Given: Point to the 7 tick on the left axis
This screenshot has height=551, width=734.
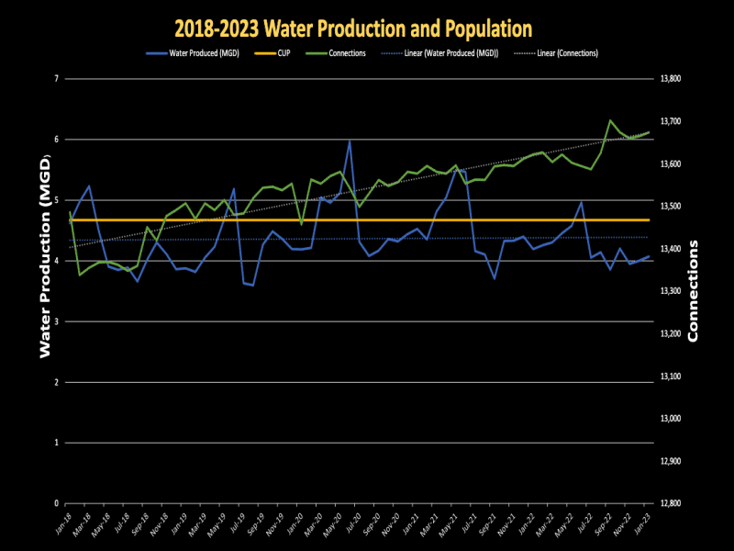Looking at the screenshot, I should pyautogui.click(x=57, y=79).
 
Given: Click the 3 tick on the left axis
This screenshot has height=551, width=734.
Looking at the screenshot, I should pyautogui.click(x=57, y=321).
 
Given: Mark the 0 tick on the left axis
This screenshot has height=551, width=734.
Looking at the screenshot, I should pyautogui.click(x=57, y=503).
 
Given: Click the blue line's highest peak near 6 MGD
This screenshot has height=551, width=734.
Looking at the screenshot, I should pyautogui.click(x=350, y=141).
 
